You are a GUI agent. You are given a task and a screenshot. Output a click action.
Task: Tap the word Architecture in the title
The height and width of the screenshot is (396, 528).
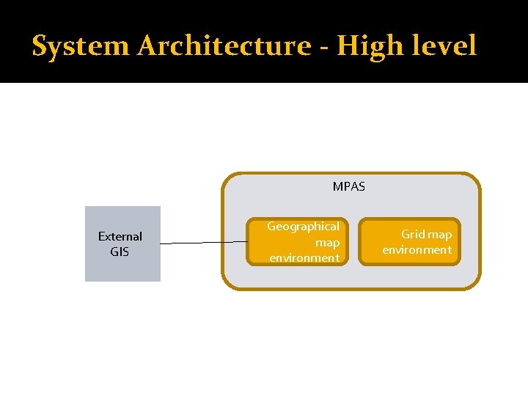224,46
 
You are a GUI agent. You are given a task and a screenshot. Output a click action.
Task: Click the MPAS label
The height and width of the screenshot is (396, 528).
348,186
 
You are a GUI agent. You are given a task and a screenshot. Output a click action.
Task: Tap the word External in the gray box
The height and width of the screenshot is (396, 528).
120,236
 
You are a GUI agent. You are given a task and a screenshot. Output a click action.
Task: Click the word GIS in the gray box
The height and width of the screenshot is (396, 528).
120,252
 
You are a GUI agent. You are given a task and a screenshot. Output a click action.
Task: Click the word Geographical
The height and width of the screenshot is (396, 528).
303,227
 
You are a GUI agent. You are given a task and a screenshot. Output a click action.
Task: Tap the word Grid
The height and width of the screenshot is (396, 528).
413,235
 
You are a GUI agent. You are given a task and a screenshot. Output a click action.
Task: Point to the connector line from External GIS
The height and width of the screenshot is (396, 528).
203,243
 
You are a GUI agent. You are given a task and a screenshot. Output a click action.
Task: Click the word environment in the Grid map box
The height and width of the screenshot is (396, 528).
417,250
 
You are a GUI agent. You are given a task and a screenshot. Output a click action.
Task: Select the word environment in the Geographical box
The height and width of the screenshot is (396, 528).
304,258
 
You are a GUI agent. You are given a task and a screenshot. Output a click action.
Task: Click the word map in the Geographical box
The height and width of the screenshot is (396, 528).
327,242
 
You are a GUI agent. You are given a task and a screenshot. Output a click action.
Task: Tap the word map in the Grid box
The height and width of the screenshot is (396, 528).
440,235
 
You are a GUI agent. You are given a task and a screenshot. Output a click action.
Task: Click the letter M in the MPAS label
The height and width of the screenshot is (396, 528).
337,186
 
